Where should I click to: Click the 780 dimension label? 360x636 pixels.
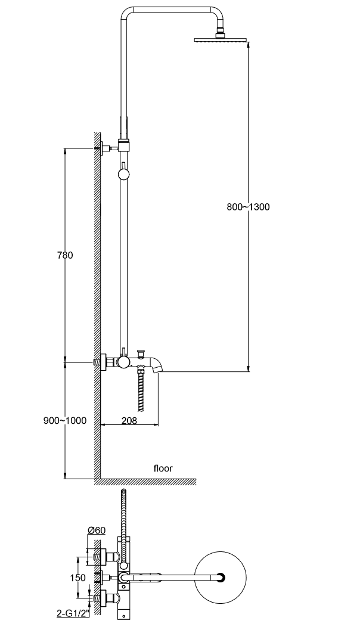pos(64,256)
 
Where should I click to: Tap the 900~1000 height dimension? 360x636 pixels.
pos(64,420)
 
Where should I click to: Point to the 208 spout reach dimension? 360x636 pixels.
pos(129,420)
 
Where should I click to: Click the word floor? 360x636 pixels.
pos(162,469)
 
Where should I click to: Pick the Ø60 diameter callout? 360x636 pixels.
pos(96,530)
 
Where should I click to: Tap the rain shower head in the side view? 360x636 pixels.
pos(221,40)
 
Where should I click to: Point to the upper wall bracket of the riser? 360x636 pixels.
pos(105,148)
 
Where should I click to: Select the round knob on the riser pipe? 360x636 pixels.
pos(123,174)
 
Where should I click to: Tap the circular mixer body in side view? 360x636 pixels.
pos(123,362)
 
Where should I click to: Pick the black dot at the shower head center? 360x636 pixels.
pos(222,577)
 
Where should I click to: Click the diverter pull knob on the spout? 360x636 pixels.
pos(141,352)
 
